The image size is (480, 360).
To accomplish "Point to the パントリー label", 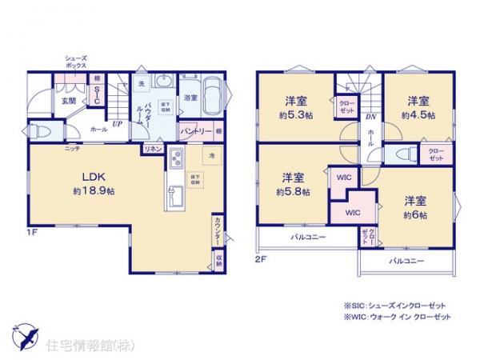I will pos(194,130).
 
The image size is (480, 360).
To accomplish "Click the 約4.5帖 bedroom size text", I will pos(418,115).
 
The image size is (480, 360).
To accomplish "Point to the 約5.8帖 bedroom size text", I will pos(290,191).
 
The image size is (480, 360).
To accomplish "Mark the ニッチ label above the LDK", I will pos(72,149).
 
